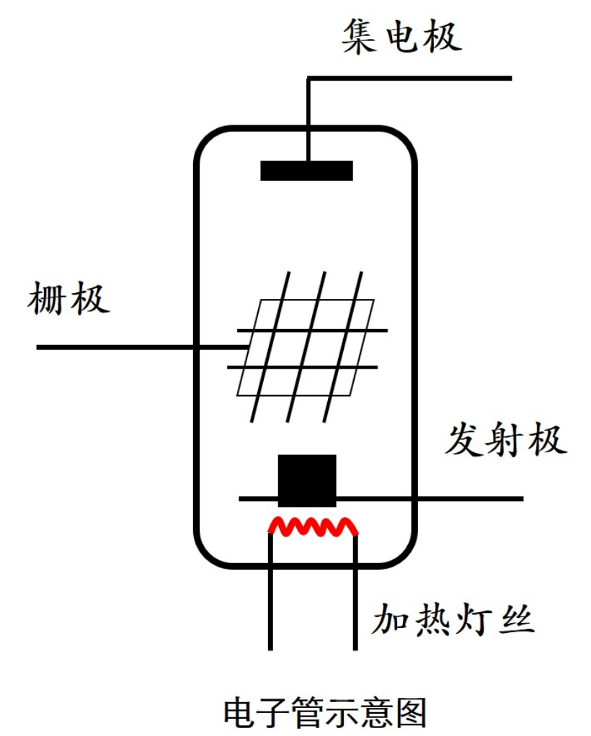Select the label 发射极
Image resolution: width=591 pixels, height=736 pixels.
pyautogui.click(x=505, y=439)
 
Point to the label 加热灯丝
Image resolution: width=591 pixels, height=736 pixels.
pyautogui.click(x=453, y=620)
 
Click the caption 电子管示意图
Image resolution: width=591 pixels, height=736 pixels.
pyautogui.click(x=325, y=712)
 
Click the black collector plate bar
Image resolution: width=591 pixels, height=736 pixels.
pyautogui.click(x=306, y=171)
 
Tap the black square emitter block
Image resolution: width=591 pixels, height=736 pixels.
pyautogui.click(x=307, y=480)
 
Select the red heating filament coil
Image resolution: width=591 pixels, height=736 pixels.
pyautogui.click(x=313, y=527)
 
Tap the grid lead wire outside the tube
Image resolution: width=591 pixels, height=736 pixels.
pyautogui.click(x=115, y=348)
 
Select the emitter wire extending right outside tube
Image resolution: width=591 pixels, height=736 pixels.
pyautogui.click(x=468, y=498)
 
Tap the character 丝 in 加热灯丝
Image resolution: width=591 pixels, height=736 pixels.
pyautogui.click(x=516, y=620)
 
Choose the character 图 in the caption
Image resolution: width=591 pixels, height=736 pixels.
pyautogui.click(x=412, y=712)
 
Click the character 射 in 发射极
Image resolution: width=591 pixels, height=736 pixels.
pyautogui.click(x=505, y=439)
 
